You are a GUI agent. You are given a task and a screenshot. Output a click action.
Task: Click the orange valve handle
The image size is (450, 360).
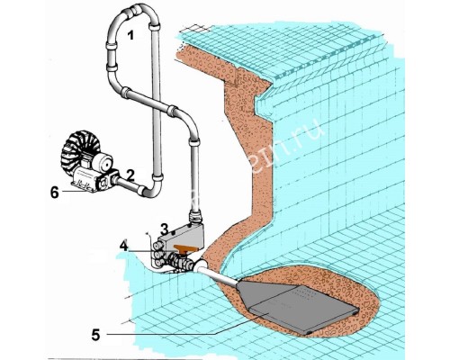coord(188,240)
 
